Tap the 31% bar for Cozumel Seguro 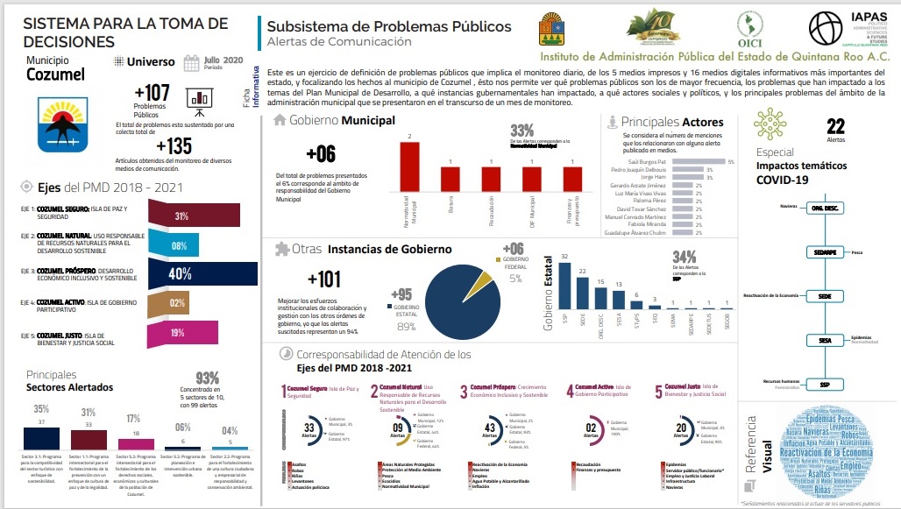click(194, 216)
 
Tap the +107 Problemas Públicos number click(152, 94)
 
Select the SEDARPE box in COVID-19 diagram click(825, 252)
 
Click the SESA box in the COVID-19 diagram click(825, 340)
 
